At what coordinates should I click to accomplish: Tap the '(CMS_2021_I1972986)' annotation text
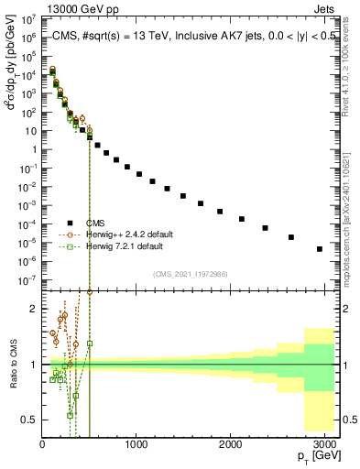(x=191, y=274)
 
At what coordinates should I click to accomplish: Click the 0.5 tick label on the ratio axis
(x=29, y=420)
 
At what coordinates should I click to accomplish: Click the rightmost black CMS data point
(x=319, y=248)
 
